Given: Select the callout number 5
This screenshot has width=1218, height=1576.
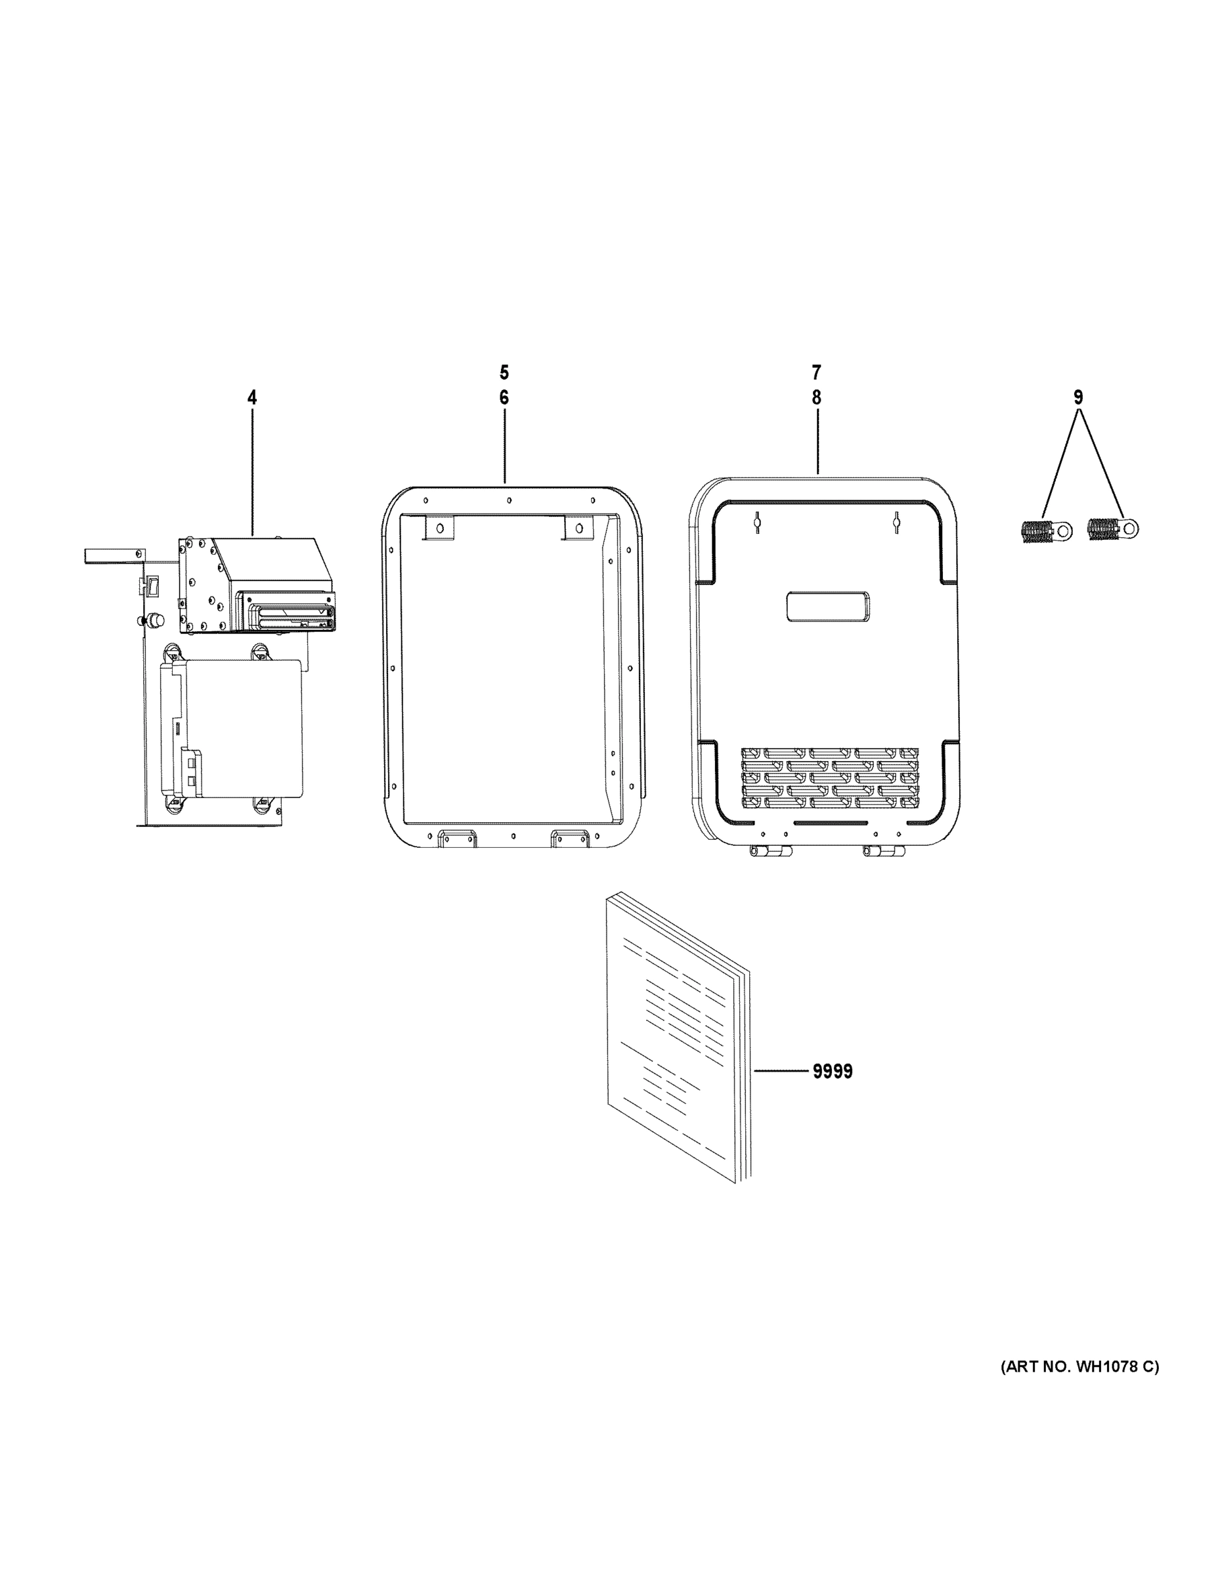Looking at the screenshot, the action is click(504, 373).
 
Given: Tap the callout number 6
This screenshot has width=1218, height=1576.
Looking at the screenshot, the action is click(504, 397).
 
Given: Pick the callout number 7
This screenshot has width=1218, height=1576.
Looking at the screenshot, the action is click(816, 373).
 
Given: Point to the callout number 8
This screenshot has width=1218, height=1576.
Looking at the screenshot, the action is click(816, 397).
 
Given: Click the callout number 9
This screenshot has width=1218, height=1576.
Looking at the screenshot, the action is click(1078, 397).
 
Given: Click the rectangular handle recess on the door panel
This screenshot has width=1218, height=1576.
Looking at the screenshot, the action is click(827, 606).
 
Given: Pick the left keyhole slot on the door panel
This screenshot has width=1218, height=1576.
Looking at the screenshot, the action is click(758, 521).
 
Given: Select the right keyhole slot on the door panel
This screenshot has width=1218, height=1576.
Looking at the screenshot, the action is click(896, 521).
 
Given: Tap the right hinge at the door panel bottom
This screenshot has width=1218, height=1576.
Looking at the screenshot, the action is click(884, 852).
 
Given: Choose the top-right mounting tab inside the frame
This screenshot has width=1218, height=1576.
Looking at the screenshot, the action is click(577, 527).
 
